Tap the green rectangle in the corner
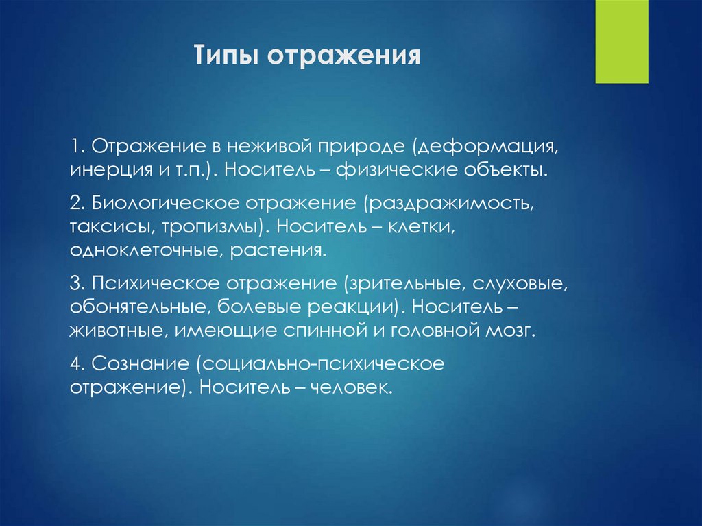622,41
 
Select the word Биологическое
166,204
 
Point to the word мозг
510,331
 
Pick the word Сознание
141,363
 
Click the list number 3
76,284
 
